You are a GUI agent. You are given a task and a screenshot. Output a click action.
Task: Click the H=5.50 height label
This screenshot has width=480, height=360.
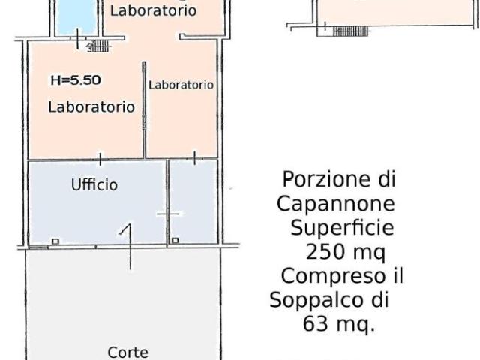coord(76,80)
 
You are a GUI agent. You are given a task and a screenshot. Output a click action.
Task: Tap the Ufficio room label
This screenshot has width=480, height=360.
coord(94,184)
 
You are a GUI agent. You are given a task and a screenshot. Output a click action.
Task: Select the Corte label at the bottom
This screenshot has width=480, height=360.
coord(128,352)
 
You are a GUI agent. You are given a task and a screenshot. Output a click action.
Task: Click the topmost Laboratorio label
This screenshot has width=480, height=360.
coord(153,10)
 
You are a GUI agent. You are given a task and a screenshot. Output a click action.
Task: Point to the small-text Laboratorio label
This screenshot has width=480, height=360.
coord(181,85)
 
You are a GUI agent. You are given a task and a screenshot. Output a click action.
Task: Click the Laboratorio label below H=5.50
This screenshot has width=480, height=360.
coord(91,106)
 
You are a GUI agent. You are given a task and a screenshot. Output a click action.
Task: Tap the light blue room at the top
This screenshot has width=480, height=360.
coord(76,16)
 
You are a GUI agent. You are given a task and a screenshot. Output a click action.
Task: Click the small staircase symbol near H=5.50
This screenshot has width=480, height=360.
coord(98,46)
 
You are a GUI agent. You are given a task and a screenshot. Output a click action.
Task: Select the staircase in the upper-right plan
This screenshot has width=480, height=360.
coord(351,31)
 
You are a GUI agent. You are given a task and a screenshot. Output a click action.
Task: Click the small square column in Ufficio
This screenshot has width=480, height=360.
coord(55,241)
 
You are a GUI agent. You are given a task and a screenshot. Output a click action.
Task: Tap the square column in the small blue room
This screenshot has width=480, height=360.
coord(175,240)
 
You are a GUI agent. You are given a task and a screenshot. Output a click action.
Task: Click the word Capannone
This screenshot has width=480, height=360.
coord(336,203)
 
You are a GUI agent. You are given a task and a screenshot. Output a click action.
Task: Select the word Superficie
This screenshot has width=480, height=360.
coord(342,228)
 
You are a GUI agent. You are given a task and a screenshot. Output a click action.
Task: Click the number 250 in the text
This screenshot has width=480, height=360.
coord(325,253)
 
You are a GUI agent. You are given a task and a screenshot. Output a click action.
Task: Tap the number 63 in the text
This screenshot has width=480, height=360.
coord(315,323)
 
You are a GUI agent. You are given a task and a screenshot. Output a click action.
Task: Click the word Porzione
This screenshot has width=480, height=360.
coord(326,179)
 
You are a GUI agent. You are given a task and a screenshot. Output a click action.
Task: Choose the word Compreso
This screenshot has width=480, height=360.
coord(333,276)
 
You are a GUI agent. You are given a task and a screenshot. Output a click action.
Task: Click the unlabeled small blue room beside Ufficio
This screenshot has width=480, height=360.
coord(193,202)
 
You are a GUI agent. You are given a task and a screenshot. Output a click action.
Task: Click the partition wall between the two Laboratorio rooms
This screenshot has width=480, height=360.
coord(144,109)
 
